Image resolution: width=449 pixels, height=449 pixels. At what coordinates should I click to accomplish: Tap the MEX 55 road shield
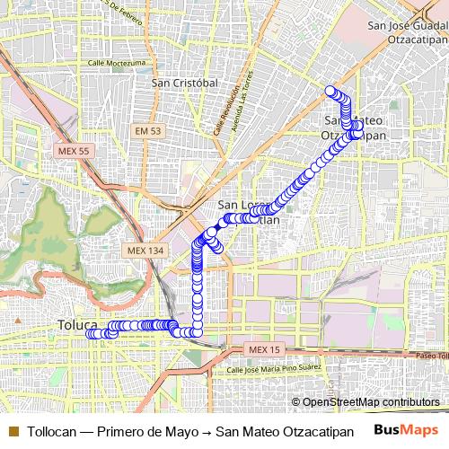[72, 151]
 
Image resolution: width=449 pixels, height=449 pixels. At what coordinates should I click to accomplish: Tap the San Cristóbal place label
[186, 83]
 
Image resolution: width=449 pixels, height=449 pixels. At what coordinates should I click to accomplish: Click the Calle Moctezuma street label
[117, 64]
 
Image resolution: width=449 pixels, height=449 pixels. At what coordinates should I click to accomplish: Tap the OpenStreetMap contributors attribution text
[371, 402]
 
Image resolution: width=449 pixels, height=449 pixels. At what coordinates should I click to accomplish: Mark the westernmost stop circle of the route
[90, 334]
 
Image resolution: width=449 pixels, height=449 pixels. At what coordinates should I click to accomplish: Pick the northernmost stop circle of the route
[330, 91]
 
